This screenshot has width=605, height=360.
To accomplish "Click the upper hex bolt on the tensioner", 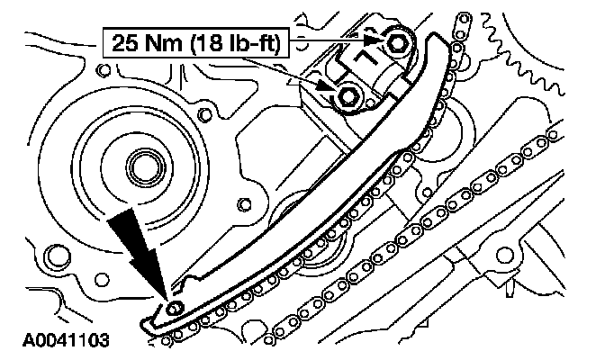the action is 396,42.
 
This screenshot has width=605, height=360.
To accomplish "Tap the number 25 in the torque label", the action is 124,42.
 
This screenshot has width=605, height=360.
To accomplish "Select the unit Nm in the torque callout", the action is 162,42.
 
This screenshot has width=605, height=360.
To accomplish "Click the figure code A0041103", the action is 66,340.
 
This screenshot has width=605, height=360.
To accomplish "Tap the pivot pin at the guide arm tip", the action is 175,309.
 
